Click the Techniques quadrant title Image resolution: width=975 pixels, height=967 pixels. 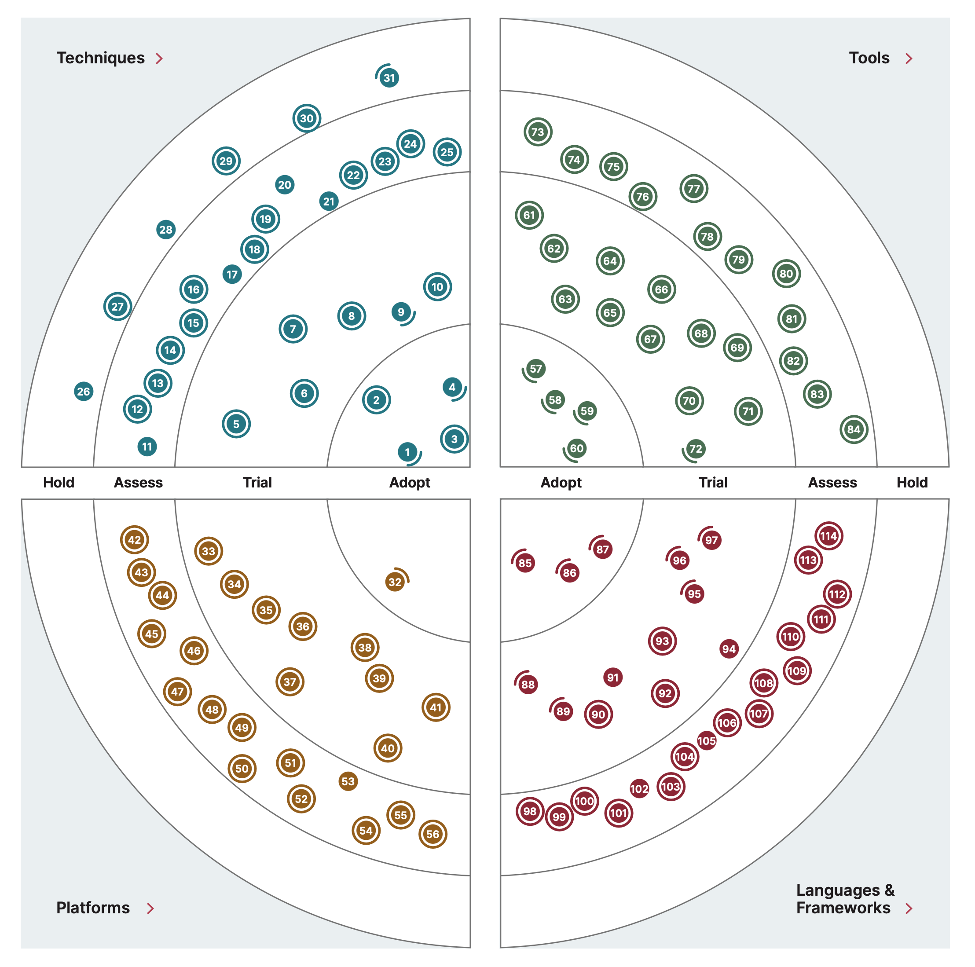100,58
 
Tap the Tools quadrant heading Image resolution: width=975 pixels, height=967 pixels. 869,58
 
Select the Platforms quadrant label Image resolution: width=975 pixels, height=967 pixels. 93,908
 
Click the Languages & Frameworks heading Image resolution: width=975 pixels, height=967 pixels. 844,899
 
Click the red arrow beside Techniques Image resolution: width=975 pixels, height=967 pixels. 159,59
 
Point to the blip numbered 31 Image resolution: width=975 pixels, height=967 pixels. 389,78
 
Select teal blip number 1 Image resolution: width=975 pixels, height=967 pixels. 408,452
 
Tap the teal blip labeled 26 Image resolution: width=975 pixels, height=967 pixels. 84,391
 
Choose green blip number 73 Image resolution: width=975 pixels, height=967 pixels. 538,132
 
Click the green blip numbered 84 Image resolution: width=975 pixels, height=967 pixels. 854,429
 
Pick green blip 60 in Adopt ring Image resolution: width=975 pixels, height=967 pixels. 576,448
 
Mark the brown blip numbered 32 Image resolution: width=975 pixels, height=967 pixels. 395,582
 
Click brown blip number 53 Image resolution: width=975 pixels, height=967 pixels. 348,781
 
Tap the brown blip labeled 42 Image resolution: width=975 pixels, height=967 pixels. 134,539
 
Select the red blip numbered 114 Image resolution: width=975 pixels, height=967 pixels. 828,536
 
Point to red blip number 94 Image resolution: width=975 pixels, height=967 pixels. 729,648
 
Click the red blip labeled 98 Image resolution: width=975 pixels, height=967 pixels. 530,811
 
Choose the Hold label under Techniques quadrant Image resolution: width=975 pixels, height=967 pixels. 59,483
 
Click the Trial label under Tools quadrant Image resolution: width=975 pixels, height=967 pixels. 713,483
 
